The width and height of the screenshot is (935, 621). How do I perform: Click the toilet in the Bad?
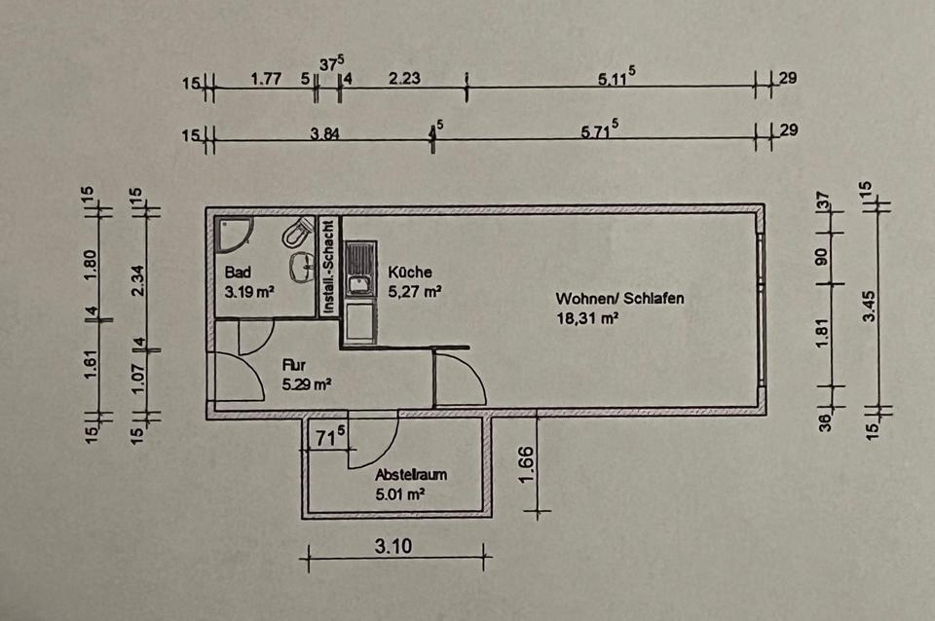[x=297, y=233]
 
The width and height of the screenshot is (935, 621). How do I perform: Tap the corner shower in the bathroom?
[x=234, y=231]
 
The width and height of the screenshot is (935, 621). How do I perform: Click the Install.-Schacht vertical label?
[x=329, y=266]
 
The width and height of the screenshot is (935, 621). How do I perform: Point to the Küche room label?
[x=409, y=273]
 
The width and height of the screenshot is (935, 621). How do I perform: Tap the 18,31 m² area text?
[x=588, y=318]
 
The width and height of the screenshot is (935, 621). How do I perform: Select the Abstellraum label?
[x=411, y=476]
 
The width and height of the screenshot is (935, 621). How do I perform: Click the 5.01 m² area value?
[x=399, y=494]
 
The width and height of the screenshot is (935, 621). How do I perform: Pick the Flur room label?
[x=292, y=365]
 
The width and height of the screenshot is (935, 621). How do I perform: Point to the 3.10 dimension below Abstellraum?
[x=393, y=546]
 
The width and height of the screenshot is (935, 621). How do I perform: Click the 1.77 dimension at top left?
[x=266, y=80]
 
